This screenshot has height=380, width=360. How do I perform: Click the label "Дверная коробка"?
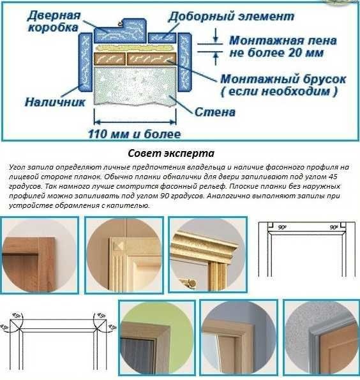pos(54,21)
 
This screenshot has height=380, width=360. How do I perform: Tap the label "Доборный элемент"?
pos(231,17)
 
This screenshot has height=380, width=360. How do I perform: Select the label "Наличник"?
pos(55,102)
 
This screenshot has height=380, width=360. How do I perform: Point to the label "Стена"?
pos(215,112)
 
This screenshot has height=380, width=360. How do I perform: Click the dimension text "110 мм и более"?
pos(134,134)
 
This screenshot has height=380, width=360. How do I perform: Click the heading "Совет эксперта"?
pos(171,153)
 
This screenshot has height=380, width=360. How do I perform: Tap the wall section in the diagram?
pos(135,86)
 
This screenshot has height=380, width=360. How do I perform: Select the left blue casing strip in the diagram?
pos(86,62)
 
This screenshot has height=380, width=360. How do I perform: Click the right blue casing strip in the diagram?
pos(184,62)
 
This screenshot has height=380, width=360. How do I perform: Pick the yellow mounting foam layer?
pos(135,48)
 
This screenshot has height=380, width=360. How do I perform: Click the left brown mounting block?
pos(110,59)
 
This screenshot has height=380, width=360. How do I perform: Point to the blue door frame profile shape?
pos(121,31)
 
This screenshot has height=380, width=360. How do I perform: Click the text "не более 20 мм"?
pos(276,53)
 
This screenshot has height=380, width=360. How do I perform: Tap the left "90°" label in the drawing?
pos(282,228)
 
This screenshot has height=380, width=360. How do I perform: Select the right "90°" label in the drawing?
pos(334,228)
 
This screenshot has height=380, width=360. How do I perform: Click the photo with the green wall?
pos(157,337)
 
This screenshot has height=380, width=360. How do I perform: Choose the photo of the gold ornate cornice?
pos(207,254)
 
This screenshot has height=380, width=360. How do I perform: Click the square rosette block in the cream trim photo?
pos(119,246)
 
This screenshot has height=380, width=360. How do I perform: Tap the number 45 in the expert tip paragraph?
pos(334,177)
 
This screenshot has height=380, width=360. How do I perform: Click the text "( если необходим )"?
pos(279,92)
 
